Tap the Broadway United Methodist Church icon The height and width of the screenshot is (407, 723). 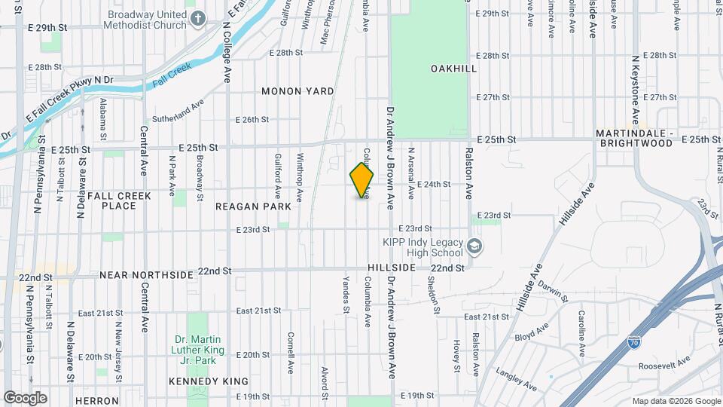point(197,19)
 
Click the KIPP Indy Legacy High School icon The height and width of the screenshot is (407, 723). point(474,246)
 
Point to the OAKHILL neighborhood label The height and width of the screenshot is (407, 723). point(453,69)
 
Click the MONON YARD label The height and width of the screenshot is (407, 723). point(297,91)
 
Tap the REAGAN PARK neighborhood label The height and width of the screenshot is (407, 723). point(253,207)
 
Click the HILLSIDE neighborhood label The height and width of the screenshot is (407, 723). point(392,268)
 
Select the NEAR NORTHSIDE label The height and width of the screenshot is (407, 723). point(146,275)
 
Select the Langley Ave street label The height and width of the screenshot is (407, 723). point(517,379)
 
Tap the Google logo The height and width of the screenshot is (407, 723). point(25,398)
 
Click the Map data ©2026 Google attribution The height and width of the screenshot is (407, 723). point(676,401)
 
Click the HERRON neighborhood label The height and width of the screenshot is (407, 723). point(96,401)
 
